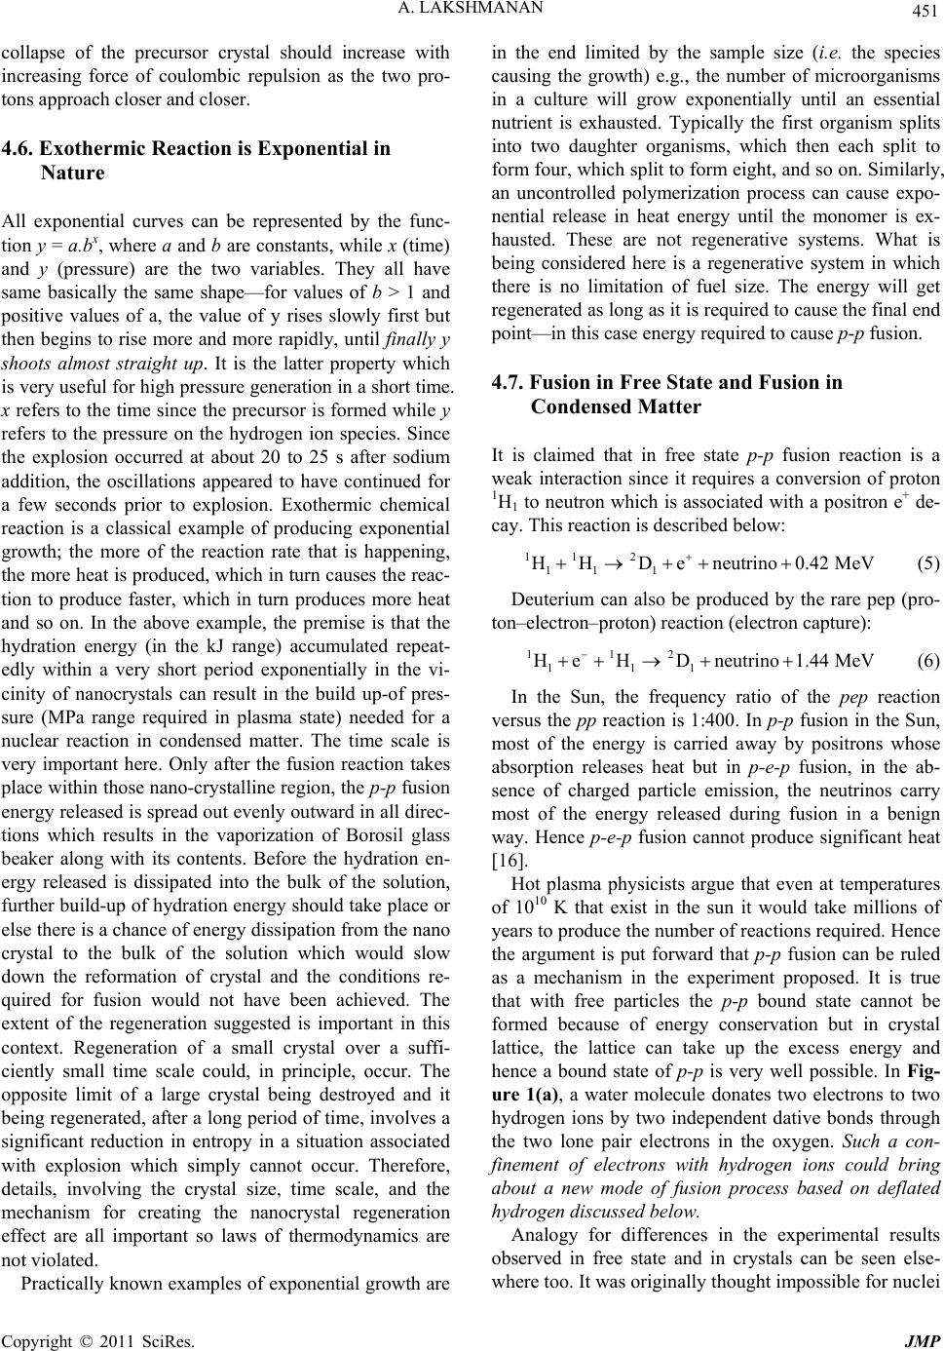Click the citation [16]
pyautogui.click(x=505, y=890)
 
